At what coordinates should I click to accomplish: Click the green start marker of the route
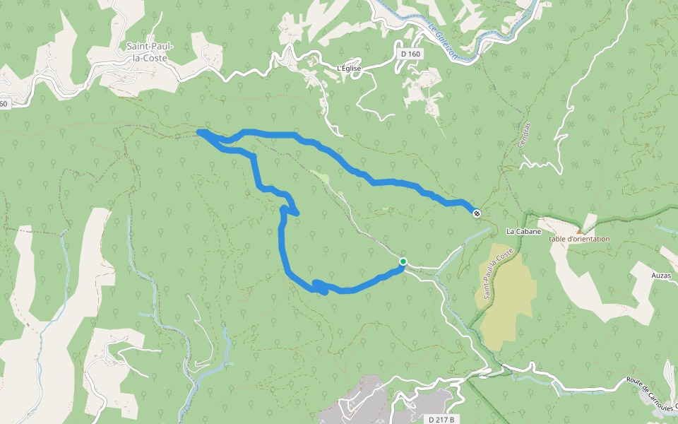[x=403, y=261]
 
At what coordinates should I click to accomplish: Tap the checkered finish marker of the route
[x=477, y=213]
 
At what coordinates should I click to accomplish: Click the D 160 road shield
[x=410, y=54]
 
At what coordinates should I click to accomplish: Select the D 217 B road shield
[x=441, y=419]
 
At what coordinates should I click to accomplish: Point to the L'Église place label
[x=349, y=69]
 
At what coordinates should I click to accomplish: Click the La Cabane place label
[x=523, y=232]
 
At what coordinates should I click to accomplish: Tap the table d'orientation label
[x=579, y=239]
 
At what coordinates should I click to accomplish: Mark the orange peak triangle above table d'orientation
[x=579, y=230]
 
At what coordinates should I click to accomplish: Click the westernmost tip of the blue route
[x=198, y=131]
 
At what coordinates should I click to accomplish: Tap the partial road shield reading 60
[x=4, y=104]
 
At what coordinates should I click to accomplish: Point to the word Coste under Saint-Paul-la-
[x=150, y=58]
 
